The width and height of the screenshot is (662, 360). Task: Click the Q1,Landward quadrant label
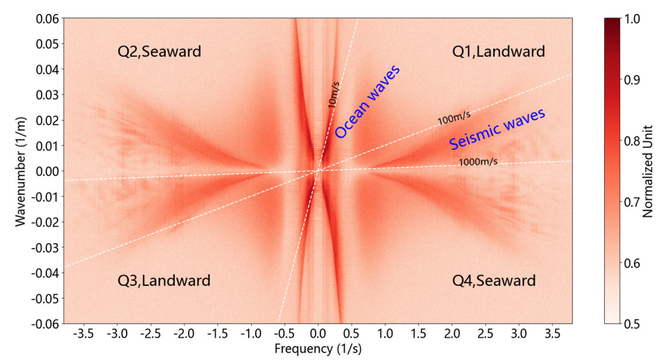point(498,52)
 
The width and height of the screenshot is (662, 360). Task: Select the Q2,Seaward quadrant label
point(159,52)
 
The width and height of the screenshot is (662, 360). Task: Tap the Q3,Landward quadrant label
point(163,281)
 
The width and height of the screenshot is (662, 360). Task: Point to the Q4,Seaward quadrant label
point(494,281)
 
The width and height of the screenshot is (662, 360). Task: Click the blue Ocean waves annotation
point(367,101)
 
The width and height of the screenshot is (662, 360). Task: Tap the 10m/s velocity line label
point(334,94)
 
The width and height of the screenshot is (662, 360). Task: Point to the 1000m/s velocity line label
point(478,161)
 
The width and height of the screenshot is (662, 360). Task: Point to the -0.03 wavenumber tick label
point(45,247)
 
